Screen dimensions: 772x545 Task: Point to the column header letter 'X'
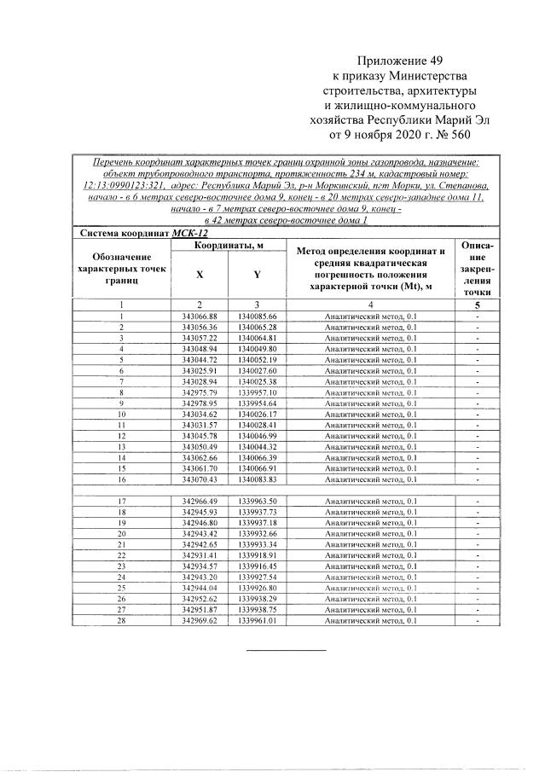(x=200, y=276)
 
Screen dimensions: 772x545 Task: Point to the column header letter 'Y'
(x=257, y=276)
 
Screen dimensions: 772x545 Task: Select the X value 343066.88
(x=200, y=316)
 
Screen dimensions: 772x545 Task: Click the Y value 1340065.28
(x=258, y=328)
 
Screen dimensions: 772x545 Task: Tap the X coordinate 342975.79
(x=200, y=392)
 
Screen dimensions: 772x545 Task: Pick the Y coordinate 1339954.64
(x=258, y=403)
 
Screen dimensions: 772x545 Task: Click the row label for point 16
(x=122, y=479)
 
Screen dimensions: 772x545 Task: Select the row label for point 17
(x=122, y=502)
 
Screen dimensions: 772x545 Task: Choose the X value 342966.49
(x=200, y=502)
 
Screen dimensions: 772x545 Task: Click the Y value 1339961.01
(x=258, y=621)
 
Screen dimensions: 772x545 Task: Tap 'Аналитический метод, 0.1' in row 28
(x=370, y=621)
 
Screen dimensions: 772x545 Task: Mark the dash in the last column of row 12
(x=478, y=436)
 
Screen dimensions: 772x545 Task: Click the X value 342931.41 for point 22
(x=200, y=555)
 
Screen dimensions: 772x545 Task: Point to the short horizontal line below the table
(x=286, y=650)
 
